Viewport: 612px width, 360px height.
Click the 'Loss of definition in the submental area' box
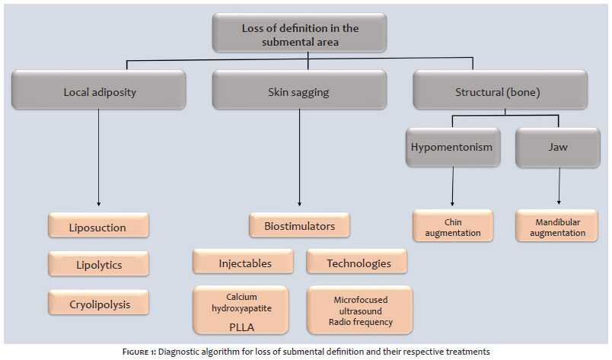(x=299, y=33)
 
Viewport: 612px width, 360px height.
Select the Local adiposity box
(x=99, y=90)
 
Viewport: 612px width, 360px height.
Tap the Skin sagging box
(x=299, y=90)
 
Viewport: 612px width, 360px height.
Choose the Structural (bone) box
(x=500, y=90)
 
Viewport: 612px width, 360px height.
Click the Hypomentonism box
(x=453, y=147)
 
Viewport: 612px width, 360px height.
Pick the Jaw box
(x=558, y=148)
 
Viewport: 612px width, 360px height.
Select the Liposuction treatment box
(x=98, y=225)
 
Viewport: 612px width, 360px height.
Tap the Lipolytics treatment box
(x=98, y=263)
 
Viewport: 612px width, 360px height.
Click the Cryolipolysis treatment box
(x=98, y=302)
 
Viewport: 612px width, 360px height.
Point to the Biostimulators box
(x=299, y=225)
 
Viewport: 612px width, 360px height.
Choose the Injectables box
(x=243, y=262)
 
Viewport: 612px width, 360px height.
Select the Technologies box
(x=357, y=262)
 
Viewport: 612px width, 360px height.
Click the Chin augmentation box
(x=453, y=226)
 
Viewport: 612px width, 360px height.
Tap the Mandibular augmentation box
(x=556, y=226)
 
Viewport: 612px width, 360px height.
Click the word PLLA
(x=241, y=327)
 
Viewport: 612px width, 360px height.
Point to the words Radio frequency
(x=361, y=322)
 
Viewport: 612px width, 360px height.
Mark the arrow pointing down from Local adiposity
(x=98, y=158)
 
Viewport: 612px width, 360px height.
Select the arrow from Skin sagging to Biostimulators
(x=299, y=158)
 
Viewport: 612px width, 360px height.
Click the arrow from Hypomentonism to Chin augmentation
(x=453, y=186)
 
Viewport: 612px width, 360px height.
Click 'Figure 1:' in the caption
(x=139, y=352)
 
